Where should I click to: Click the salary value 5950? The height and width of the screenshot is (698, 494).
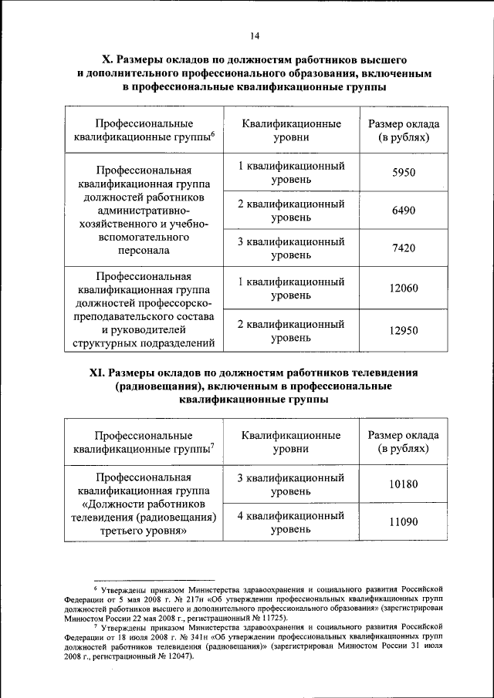[403, 173]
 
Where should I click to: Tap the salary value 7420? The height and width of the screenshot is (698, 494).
[403, 248]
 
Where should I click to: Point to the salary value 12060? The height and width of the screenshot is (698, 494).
[403, 288]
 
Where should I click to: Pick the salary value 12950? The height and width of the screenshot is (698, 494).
[403, 331]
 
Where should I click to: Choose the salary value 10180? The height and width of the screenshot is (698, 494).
[403, 484]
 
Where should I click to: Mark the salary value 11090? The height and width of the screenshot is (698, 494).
[403, 522]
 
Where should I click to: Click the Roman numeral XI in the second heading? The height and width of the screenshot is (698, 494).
[97, 373]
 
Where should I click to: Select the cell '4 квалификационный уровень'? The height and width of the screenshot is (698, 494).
[290, 522]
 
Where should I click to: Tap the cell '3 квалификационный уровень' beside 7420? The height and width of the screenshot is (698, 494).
[290, 248]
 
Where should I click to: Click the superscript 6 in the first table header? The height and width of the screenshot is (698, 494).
[211, 134]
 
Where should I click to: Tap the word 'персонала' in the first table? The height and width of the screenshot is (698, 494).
[144, 251]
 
